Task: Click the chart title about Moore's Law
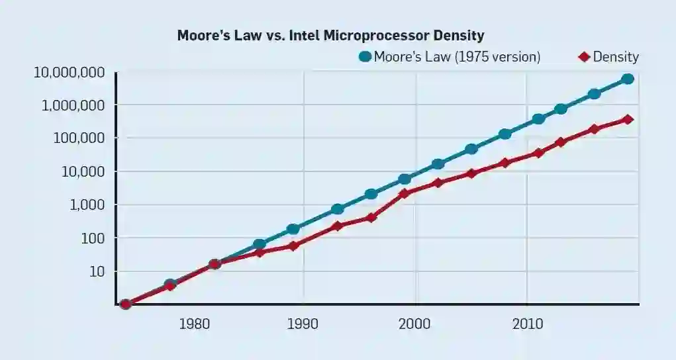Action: (x=330, y=36)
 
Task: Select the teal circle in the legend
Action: (x=365, y=57)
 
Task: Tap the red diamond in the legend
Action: (x=584, y=57)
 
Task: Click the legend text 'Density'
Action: (x=615, y=57)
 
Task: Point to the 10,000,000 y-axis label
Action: (x=69, y=72)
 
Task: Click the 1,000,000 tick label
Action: (x=72, y=105)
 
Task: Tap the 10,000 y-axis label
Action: (x=79, y=171)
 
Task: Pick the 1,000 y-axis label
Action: (x=82, y=205)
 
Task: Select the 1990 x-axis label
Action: (x=303, y=324)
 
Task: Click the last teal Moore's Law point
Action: (x=628, y=79)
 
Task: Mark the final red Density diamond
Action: (x=628, y=120)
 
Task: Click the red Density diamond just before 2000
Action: (x=404, y=194)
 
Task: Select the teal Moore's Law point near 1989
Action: (x=293, y=229)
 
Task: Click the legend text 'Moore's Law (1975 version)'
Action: (x=457, y=57)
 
